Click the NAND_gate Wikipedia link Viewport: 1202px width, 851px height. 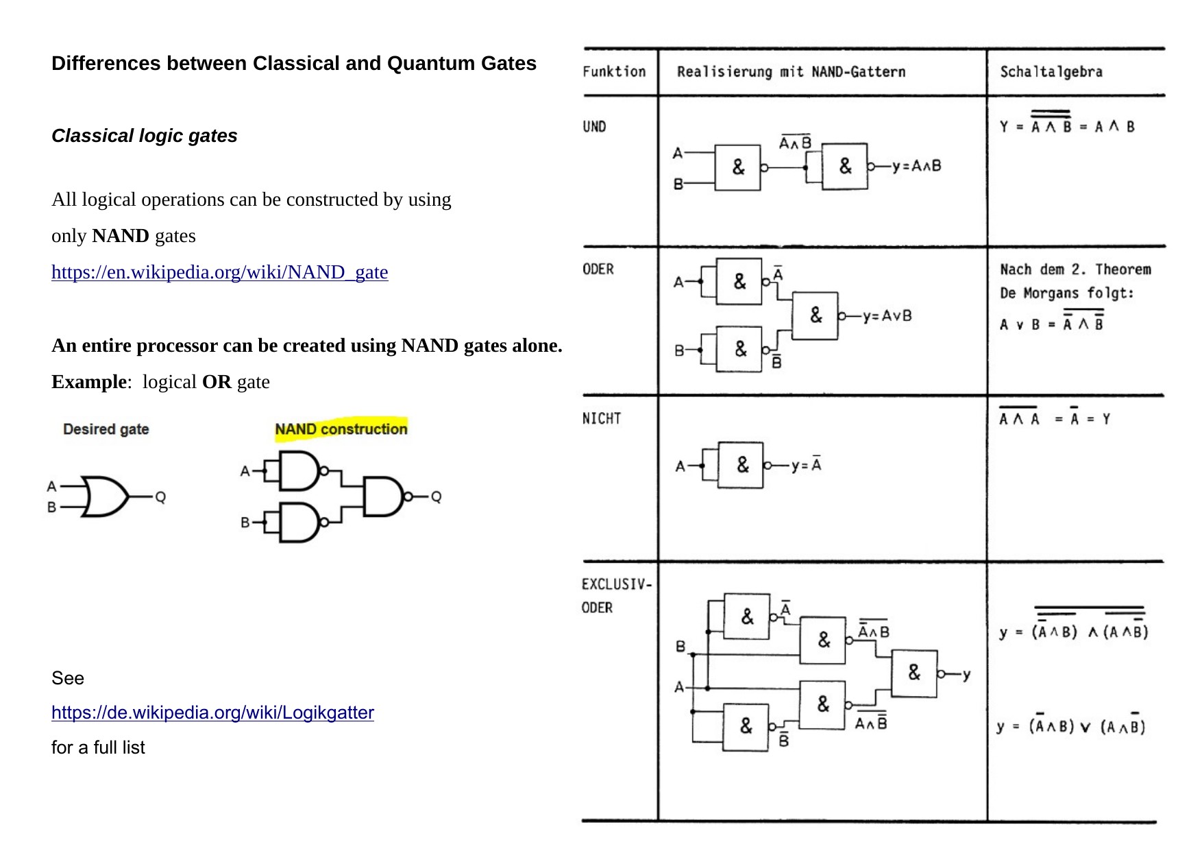point(219,272)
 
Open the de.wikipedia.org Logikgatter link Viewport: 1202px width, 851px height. point(212,712)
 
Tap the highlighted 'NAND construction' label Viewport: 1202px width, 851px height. point(341,429)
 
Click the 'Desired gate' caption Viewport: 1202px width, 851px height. point(106,429)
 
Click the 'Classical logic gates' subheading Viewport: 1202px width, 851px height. point(144,136)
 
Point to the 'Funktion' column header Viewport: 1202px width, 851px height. point(614,71)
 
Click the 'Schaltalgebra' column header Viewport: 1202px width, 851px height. point(1051,71)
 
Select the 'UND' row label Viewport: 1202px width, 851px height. point(594,127)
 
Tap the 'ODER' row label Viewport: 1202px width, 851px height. point(598,269)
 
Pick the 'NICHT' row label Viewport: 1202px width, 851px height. point(601,418)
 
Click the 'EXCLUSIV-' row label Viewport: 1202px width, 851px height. point(616,584)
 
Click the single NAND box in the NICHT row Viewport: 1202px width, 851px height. point(740,465)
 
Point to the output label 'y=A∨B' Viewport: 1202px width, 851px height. point(887,316)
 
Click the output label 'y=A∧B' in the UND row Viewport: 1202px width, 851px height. point(916,166)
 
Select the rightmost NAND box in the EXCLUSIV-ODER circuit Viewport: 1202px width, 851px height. point(914,673)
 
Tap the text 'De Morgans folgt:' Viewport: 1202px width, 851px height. point(1066,293)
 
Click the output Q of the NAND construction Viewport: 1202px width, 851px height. point(436,496)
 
